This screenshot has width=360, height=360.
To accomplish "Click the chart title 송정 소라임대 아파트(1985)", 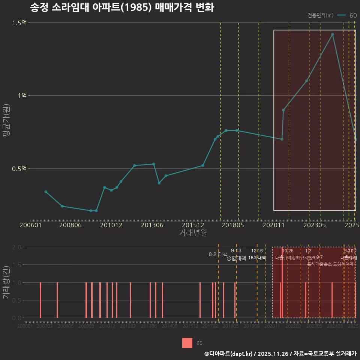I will (x=121, y=8).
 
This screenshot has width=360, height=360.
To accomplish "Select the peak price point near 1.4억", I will (x=332, y=34).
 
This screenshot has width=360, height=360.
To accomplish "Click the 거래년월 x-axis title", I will (x=193, y=232).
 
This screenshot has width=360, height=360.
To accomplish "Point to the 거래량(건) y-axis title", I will (x=6, y=282).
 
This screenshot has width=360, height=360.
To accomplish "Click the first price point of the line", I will (x=46, y=192).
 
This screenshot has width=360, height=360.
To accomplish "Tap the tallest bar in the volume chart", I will (x=282, y=282).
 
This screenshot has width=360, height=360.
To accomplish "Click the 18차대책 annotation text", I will (x=257, y=258).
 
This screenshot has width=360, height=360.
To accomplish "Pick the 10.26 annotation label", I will (x=288, y=251).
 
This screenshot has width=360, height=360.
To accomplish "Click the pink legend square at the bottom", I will (x=187, y=343).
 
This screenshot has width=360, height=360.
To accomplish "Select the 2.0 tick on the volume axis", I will (x=16, y=247).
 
